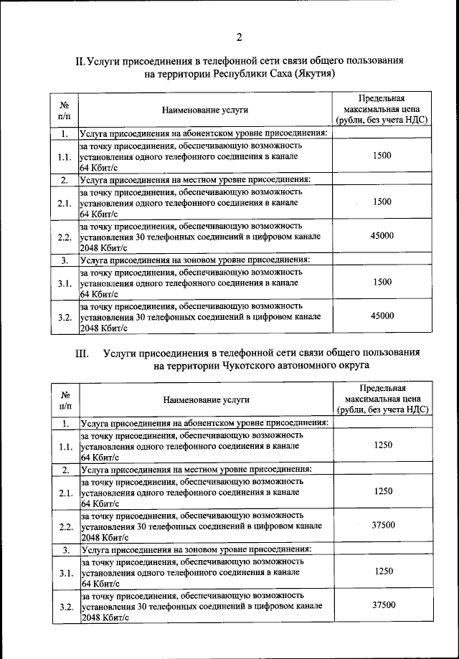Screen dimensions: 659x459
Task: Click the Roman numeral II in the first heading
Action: [x=80, y=62]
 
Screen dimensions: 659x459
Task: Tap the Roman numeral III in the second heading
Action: [x=80, y=354]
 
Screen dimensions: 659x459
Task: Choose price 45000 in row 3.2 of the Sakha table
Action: [x=382, y=316]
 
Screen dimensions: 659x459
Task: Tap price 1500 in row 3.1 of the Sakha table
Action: [x=382, y=283]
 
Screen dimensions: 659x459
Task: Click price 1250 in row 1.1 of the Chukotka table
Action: [x=384, y=445]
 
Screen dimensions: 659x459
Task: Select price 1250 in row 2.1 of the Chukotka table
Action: [x=384, y=493]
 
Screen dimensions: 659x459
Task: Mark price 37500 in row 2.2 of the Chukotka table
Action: [x=384, y=526]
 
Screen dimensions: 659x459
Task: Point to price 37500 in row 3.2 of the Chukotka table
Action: [x=384, y=605]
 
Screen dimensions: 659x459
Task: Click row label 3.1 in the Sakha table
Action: [x=65, y=283]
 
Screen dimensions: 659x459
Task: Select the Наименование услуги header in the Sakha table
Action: [x=204, y=110]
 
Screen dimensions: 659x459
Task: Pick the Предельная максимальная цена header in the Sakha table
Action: [x=382, y=110]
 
